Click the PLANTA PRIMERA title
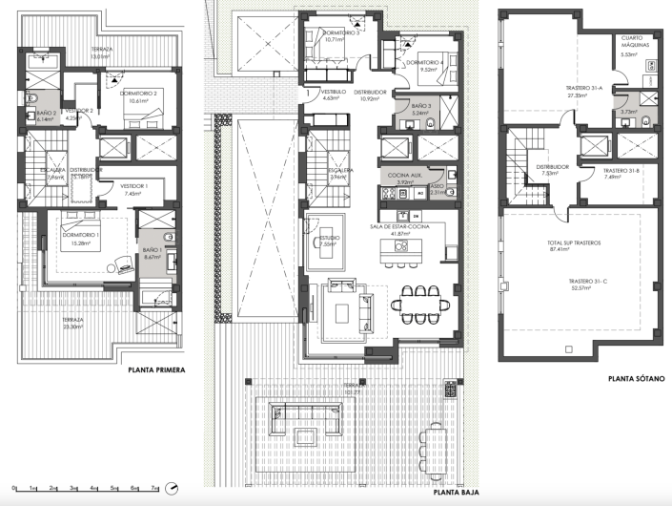[x=149, y=369]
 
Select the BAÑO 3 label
[x=423, y=106]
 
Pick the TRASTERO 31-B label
[x=621, y=170]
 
